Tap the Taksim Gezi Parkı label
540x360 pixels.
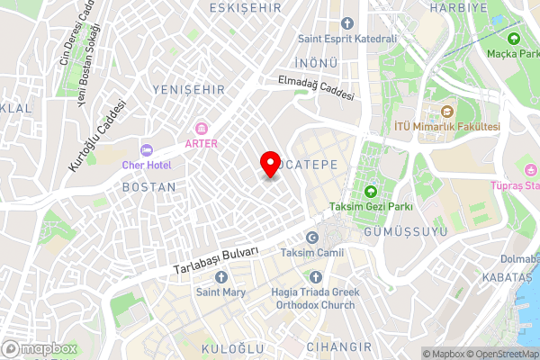point(370,207)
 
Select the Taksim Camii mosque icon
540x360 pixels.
point(311,237)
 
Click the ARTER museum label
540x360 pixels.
point(201,143)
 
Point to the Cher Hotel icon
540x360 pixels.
point(148,149)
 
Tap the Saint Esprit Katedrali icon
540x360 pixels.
point(347,23)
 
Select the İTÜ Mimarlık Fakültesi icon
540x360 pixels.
point(445,112)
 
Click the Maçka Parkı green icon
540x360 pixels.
point(514,39)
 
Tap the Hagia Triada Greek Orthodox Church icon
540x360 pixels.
point(315,276)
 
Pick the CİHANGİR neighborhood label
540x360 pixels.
point(338,346)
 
